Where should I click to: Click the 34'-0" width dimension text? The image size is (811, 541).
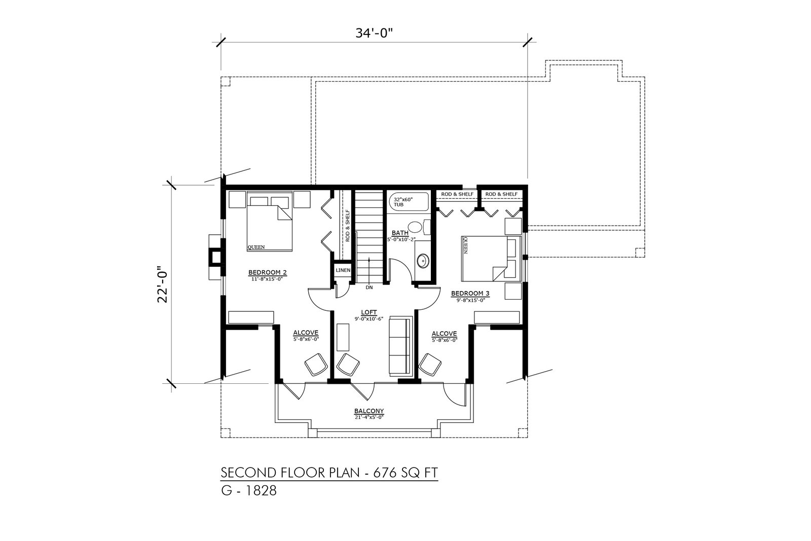click(374, 33)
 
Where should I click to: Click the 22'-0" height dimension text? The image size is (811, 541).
click(163, 284)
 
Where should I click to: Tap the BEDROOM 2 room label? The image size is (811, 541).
click(268, 272)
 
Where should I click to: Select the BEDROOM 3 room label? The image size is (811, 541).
click(470, 293)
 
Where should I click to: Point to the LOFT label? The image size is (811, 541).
click(369, 312)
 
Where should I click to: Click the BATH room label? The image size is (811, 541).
click(400, 233)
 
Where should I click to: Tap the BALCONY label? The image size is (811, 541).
click(369, 411)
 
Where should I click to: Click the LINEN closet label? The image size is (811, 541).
click(343, 270)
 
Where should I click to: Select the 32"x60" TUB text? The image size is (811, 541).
click(403, 202)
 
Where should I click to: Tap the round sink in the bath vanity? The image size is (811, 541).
click(423, 261)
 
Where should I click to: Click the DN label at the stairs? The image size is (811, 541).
click(369, 287)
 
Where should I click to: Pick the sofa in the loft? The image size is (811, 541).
click(401, 345)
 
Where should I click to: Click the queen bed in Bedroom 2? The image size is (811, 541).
click(269, 221)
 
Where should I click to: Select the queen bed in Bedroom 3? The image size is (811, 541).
click(491, 259)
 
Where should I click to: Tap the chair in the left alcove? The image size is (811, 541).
click(316, 365)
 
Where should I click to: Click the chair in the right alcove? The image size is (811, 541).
click(430, 365)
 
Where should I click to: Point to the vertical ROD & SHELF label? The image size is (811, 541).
click(348, 226)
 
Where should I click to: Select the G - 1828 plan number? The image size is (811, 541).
click(249, 491)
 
